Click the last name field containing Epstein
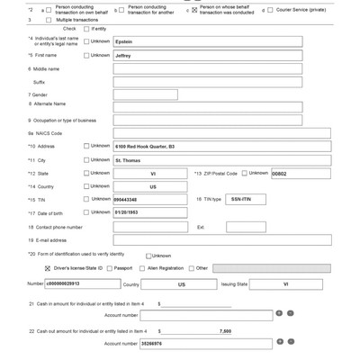(x=207, y=41)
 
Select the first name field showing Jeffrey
(x=207, y=55)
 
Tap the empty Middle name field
(x=207, y=67)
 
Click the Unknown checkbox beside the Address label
(x=86, y=145)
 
